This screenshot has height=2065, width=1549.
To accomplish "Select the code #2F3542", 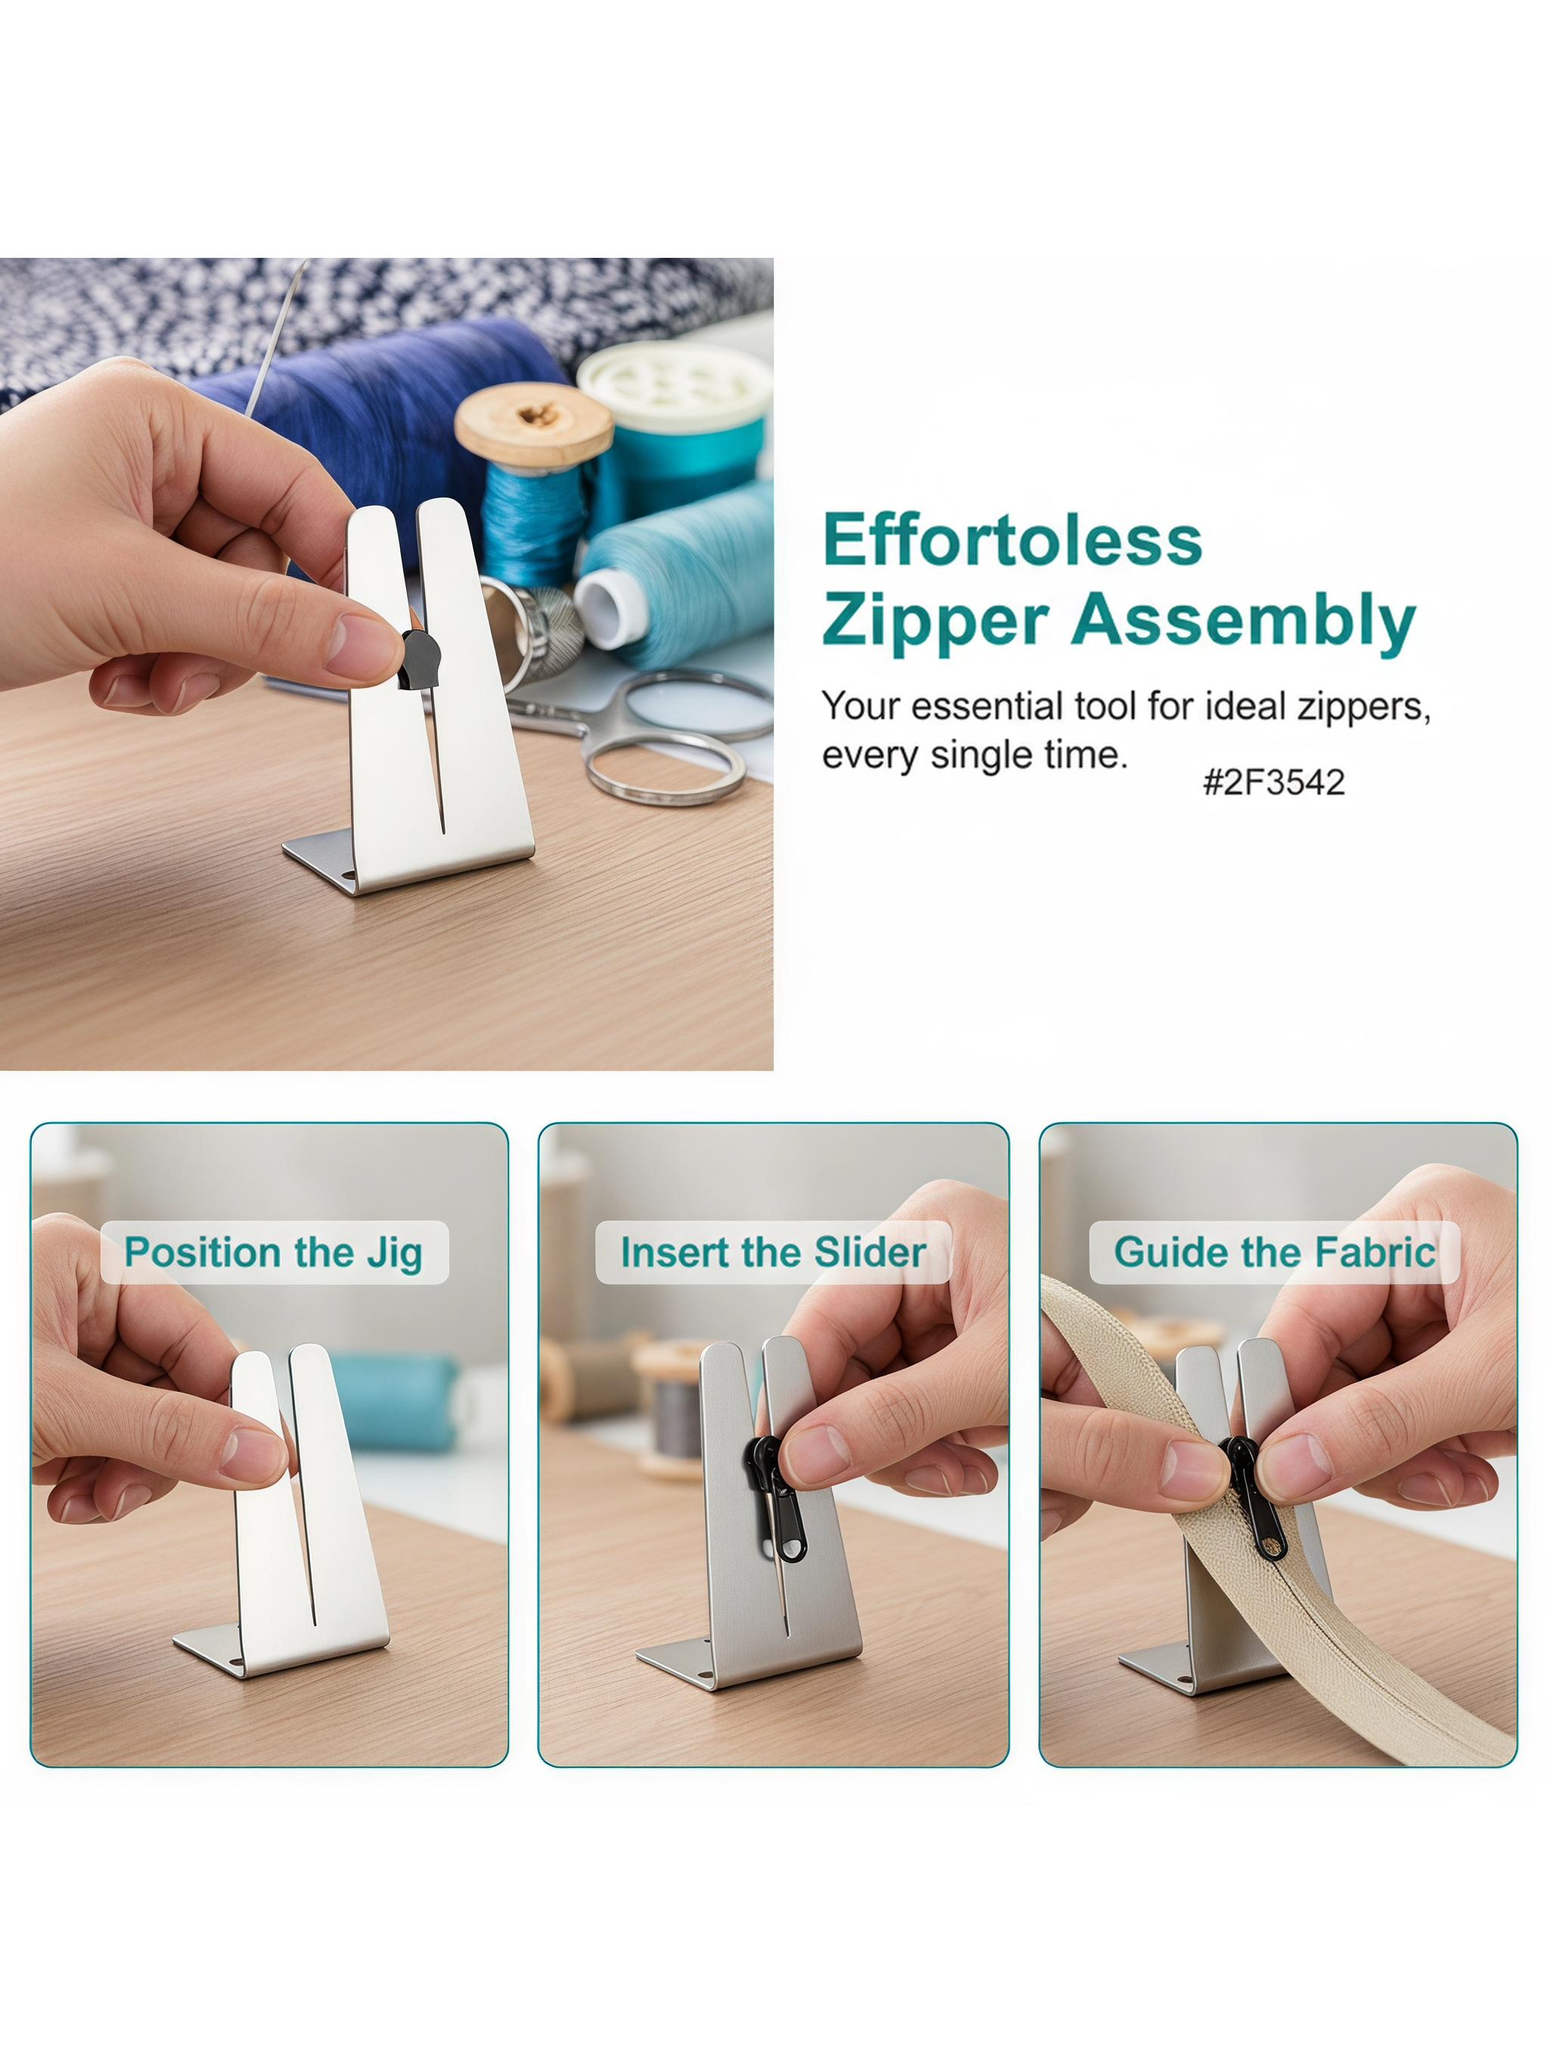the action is (1274, 781).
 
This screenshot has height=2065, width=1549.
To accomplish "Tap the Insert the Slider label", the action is (773, 1252).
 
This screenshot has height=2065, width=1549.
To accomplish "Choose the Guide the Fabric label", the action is (1274, 1252).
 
